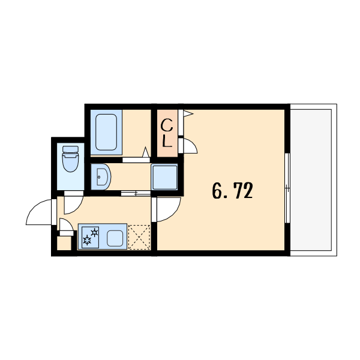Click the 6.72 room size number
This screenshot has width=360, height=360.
pyautogui.click(x=232, y=190)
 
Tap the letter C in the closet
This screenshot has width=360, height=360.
pyautogui.click(x=167, y=126)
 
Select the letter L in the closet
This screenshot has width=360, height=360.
pyautogui.click(x=167, y=141)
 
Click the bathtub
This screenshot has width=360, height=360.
pyautogui.click(x=106, y=132)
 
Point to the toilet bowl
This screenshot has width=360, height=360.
pyautogui.click(x=70, y=158)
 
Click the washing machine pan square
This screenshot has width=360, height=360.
pyautogui.click(x=164, y=176)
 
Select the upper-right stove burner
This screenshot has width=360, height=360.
pyautogui.click(x=94, y=232)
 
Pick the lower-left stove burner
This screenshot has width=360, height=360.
pyautogui.click(x=87, y=241)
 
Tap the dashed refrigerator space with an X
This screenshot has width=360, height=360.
pyautogui.click(x=139, y=237)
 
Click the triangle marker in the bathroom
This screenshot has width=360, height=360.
pyautogui.click(x=146, y=152)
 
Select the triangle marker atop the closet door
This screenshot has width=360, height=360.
pyautogui.click(x=188, y=113)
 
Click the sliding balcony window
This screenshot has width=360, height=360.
pyautogui.click(x=287, y=188)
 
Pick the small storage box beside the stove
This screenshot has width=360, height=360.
pyautogui.click(x=64, y=244)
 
